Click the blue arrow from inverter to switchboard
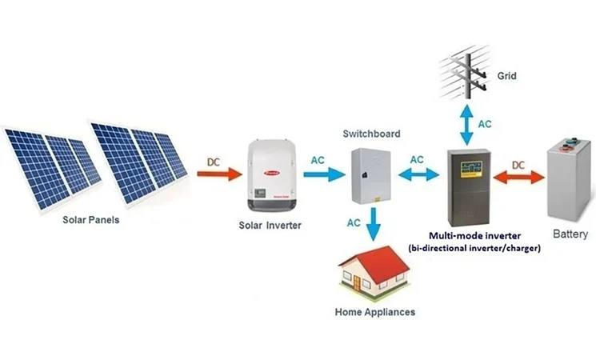coord(322,174)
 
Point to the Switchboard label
coord(371,134)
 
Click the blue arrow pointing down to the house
coord(370,229)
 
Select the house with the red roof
coord(374,269)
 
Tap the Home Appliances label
coord(374,312)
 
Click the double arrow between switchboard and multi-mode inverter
coord(417,173)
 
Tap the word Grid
coord(506,77)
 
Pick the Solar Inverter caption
coord(270,226)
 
